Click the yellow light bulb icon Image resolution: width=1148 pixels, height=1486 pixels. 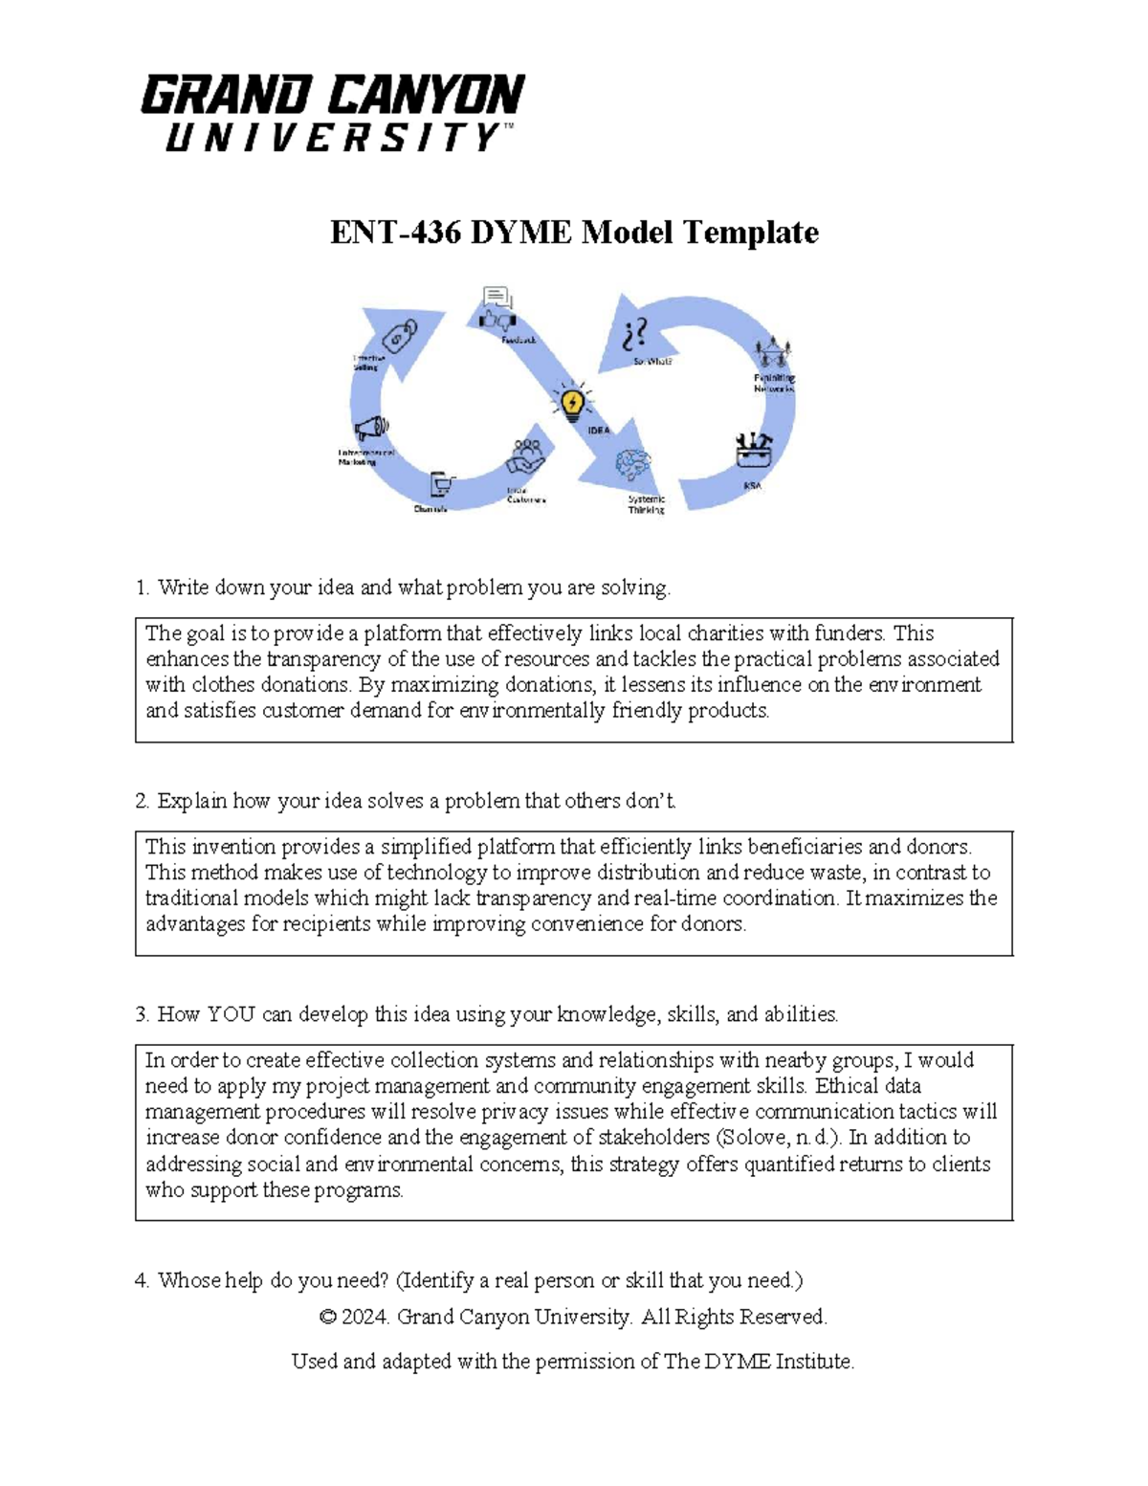pos(571,402)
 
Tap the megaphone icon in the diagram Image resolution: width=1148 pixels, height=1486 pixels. pos(370,428)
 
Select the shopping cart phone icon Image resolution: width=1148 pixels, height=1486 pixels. pos(441,484)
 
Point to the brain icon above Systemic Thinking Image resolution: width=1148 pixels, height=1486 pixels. pos(632,468)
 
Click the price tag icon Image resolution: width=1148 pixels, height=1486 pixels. pos(400,337)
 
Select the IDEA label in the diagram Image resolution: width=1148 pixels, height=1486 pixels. pos(598,431)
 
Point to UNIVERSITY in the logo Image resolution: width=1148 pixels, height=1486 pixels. pos(332,139)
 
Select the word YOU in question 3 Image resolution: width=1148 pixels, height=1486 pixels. pos(231,1014)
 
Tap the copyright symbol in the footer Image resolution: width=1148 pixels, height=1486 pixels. pos(327,1318)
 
